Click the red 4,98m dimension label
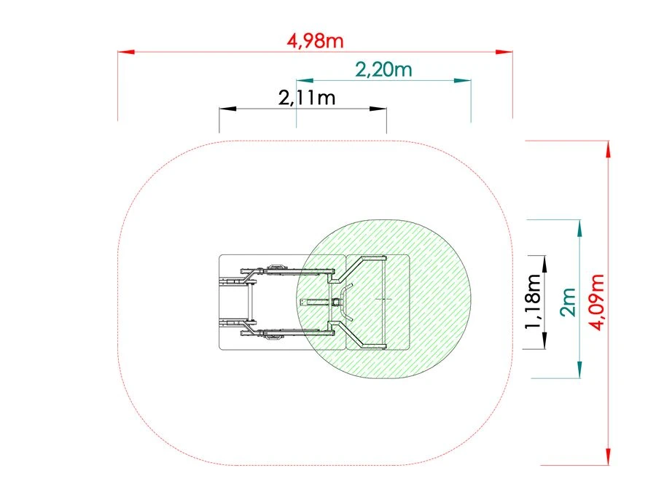[315, 41]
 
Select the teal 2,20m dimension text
[383, 69]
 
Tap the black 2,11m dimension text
[307, 98]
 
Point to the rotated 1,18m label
[533, 301]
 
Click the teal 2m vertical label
[567, 302]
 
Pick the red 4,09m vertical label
[596, 302]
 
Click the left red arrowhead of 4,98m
[126, 52]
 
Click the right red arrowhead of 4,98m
[504, 52]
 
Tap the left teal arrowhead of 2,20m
[305, 80]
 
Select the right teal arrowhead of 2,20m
[463, 80]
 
